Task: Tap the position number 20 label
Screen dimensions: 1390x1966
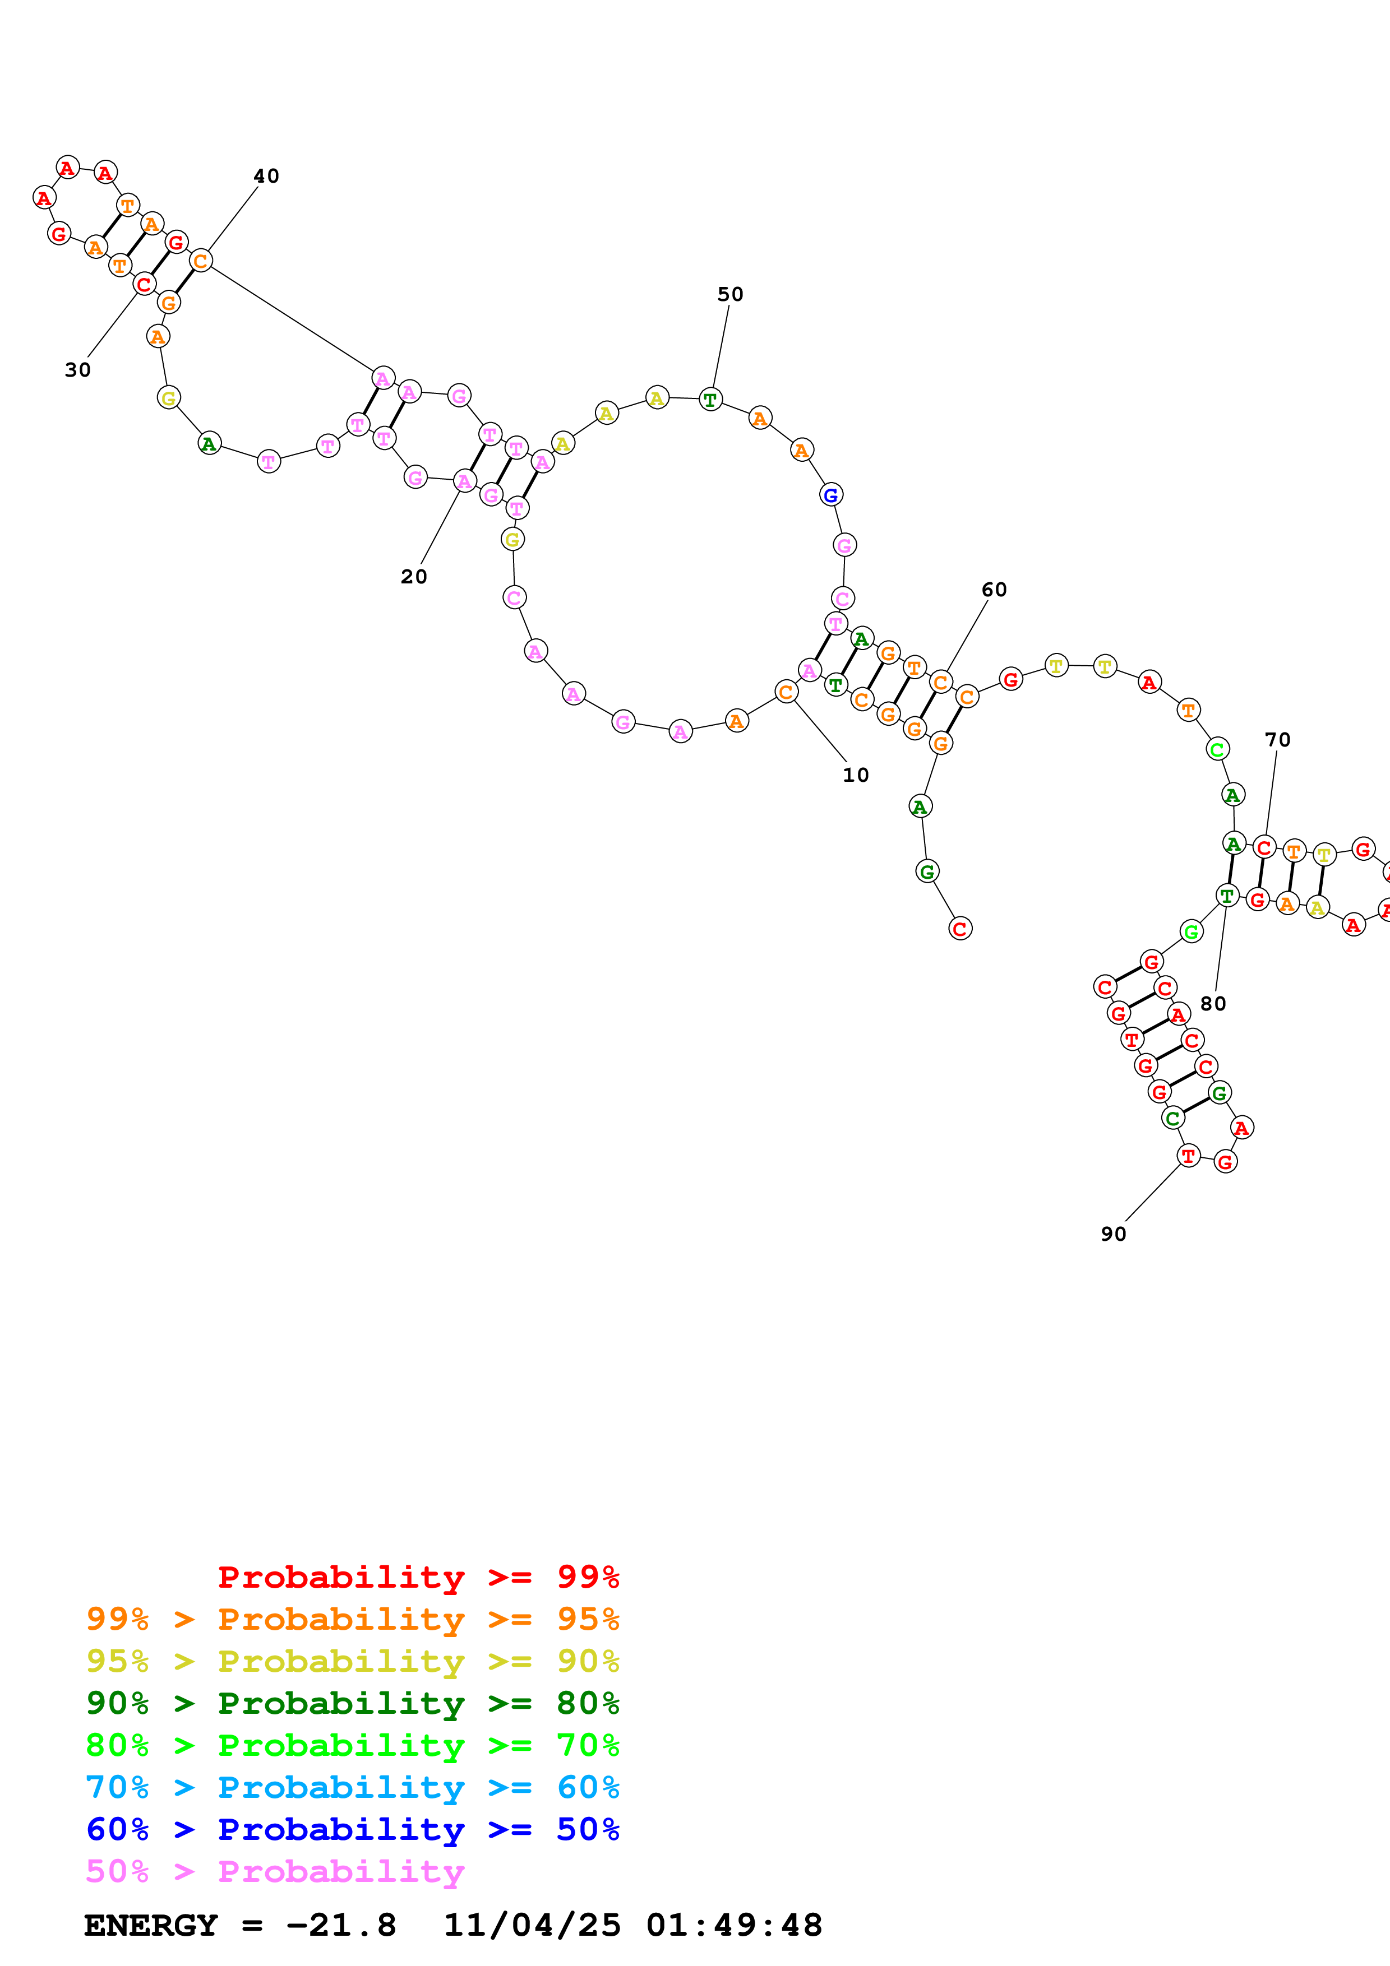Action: (414, 577)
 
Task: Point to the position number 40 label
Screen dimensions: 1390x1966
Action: (266, 177)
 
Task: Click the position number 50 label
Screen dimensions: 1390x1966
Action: (731, 295)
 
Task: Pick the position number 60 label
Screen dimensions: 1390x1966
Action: (994, 590)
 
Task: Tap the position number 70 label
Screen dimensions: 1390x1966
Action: (1278, 740)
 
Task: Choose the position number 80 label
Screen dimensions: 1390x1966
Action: (1213, 1004)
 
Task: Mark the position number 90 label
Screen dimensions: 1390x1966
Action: (1114, 1234)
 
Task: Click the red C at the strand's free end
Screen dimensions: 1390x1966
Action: (960, 928)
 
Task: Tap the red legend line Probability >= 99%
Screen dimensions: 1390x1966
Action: (419, 1576)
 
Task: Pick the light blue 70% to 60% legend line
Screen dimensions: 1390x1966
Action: (353, 1787)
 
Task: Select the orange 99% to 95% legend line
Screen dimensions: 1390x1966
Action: (353, 1619)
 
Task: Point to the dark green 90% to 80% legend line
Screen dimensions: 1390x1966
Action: (353, 1703)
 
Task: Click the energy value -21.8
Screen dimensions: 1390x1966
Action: (341, 1926)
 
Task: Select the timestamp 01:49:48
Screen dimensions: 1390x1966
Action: (734, 1926)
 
